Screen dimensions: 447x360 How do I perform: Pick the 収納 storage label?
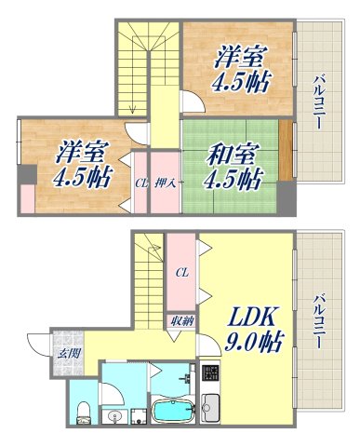pyautogui.click(x=181, y=320)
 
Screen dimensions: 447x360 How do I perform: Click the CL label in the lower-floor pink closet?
pyautogui.click(x=181, y=273)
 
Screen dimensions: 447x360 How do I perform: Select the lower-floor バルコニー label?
pyautogui.click(x=319, y=321)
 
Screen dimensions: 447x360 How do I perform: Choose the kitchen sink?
pyautogui.click(x=209, y=408)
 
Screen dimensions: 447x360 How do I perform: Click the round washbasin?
pyautogui.click(x=114, y=414)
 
